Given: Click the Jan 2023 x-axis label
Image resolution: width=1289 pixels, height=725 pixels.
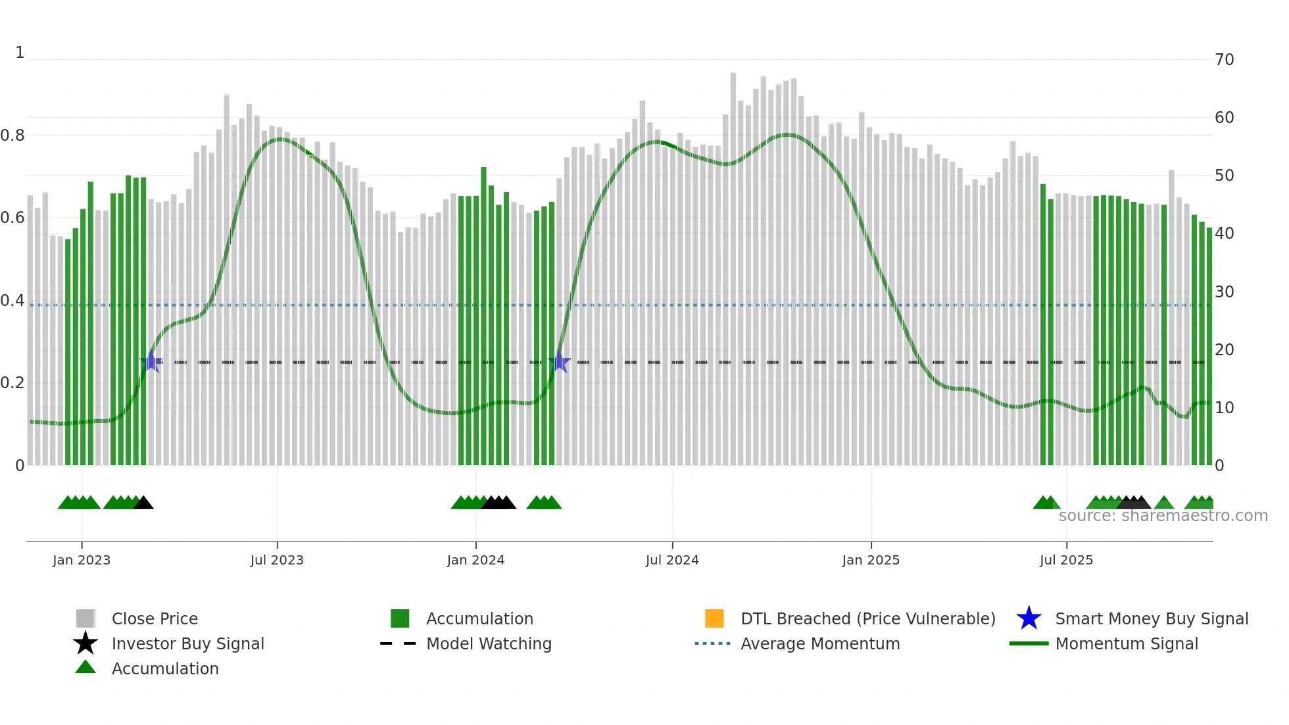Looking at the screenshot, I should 82,560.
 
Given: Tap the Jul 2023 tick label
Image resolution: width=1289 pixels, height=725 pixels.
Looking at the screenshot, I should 277,560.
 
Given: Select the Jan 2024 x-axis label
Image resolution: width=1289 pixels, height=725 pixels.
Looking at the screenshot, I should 475,560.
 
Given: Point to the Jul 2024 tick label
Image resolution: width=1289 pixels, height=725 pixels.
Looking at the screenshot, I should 672,560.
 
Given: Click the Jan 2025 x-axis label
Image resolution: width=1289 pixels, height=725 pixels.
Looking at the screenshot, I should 871,560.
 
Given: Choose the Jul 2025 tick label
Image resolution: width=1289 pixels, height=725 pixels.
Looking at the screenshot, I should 1066,560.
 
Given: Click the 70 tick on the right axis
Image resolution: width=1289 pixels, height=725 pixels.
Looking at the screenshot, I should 1225,60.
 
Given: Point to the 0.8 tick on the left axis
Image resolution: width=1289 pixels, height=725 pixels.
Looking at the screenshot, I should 12,136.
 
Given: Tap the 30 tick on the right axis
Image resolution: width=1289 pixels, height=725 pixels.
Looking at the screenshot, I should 1225,291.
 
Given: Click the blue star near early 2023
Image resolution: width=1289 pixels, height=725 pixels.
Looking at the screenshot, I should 151,361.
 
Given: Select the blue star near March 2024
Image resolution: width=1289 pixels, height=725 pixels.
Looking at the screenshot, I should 560,361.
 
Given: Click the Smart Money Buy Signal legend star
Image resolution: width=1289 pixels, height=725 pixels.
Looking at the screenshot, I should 1029,618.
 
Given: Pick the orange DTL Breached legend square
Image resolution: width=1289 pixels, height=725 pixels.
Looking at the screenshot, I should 714,618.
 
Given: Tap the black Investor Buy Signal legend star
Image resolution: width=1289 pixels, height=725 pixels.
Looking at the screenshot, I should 85,643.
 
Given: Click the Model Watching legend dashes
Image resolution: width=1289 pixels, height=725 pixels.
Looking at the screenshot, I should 399,643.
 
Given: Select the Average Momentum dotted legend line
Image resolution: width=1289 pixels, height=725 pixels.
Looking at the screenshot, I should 713,643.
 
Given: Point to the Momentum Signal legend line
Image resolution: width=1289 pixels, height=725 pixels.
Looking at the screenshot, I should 1029,643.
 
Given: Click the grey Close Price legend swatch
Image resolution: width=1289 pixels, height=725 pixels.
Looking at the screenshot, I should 85,618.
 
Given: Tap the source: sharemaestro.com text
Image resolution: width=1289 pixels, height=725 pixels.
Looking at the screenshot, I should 1163,516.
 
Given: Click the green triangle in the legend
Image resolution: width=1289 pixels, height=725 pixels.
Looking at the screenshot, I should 85,667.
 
